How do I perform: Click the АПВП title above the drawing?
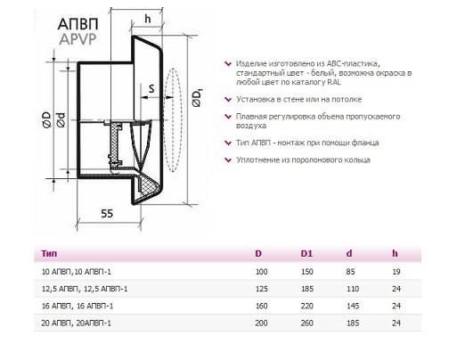pos(78,24)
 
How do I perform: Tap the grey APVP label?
pos(78,39)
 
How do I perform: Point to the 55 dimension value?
pos(107,214)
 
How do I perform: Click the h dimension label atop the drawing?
pos(148,19)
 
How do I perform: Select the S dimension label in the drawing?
pos(151,88)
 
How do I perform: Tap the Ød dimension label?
pos(61,119)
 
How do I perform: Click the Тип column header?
pos(49,254)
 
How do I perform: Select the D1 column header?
pos(306,254)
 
